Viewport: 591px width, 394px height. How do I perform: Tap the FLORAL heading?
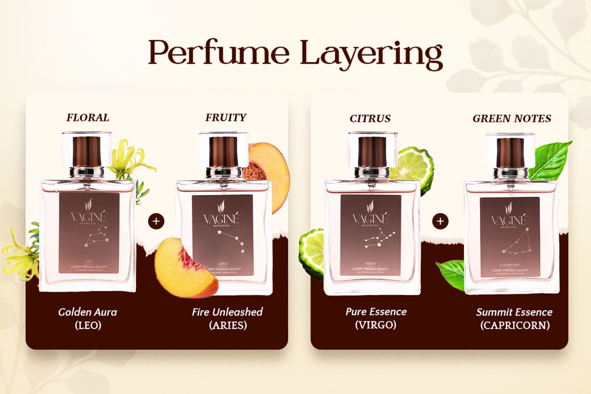(88, 118)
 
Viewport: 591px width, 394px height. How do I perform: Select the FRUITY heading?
(226, 118)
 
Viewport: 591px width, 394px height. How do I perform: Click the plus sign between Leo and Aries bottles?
(156, 221)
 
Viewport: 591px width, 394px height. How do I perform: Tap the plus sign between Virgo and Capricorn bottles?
(440, 221)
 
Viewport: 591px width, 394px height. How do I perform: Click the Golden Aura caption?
(88, 312)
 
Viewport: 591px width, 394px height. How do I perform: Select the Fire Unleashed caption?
(227, 312)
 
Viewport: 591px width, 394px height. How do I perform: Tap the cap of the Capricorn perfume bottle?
(510, 152)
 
